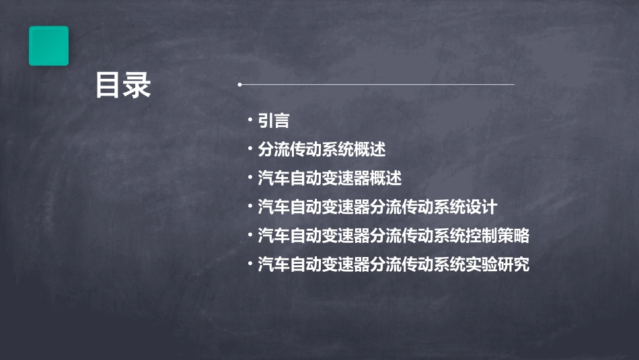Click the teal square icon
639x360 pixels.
tap(48, 46)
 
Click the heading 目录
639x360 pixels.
tap(123, 85)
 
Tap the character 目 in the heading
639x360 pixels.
tap(109, 85)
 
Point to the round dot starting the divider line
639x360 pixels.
tap(239, 85)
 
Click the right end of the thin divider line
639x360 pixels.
tap(513, 85)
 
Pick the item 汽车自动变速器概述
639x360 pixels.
tap(330, 178)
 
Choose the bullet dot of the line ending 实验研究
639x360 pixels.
tap(250, 263)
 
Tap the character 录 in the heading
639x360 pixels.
tap(137, 85)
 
